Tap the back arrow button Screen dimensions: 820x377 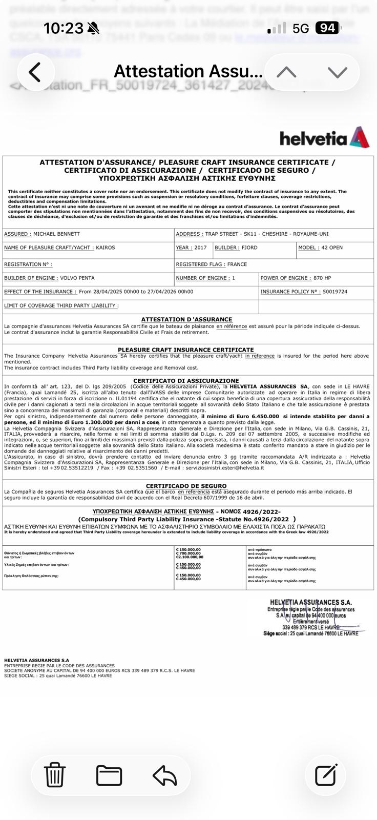[x=35, y=72]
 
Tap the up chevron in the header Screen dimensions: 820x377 [x=286, y=72]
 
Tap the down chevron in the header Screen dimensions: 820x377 [x=337, y=72]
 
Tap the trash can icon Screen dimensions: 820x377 [x=54, y=774]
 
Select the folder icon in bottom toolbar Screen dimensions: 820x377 [x=109, y=775]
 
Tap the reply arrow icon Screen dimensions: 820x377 [x=164, y=775]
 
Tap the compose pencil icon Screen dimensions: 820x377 [x=326, y=774]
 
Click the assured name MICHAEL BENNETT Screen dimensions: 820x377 [x=56, y=234]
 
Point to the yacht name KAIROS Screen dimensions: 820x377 [x=106, y=248]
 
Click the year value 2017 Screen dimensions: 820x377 [x=201, y=248]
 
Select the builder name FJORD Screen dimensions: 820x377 [x=249, y=248]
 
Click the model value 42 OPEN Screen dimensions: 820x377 [x=332, y=248]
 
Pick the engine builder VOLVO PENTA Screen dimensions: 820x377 [x=77, y=278]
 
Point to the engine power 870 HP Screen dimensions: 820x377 [x=322, y=278]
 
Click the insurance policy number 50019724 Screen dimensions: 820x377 [x=335, y=292]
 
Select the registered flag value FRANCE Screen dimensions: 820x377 [x=237, y=264]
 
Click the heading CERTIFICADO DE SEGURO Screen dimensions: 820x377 [x=186, y=486]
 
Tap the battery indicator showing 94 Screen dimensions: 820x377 [x=327, y=28]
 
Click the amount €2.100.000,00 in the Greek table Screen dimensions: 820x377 [x=189, y=557]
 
